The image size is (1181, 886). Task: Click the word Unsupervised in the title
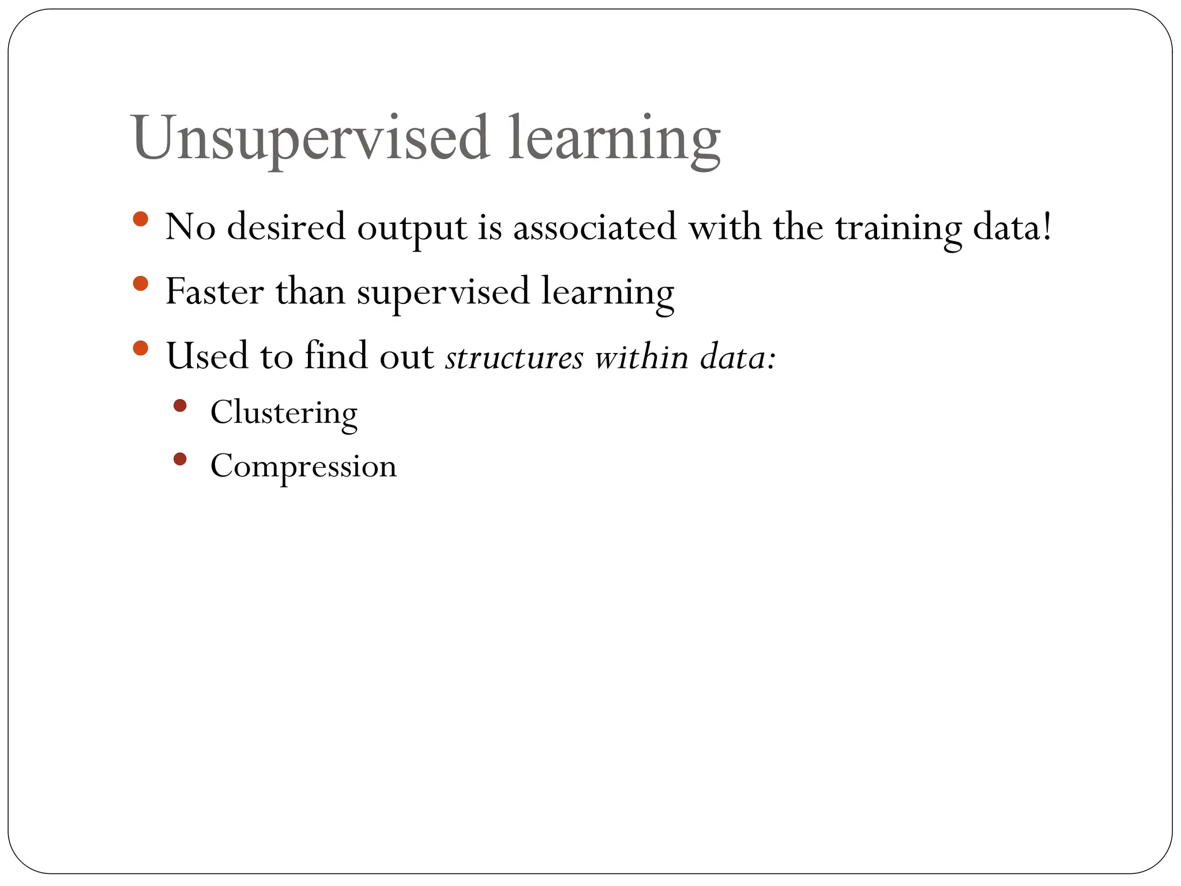[x=310, y=138]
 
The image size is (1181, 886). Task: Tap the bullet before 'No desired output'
[x=140, y=219]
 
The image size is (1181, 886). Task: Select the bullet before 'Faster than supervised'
[x=140, y=284]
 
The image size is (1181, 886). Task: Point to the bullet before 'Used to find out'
[x=140, y=348]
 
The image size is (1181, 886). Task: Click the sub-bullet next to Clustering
[x=180, y=406]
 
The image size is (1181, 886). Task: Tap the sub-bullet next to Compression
[x=180, y=459]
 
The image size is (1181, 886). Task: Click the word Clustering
[x=284, y=413]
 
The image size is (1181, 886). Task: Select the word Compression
[x=303, y=466]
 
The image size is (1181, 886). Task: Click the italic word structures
[x=514, y=358]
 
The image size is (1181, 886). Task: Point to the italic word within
[x=641, y=358]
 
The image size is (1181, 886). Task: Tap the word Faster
[x=214, y=292]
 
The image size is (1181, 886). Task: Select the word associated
[x=594, y=227]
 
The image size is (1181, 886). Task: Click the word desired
[x=286, y=227]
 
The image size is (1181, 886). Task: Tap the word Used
[x=206, y=356]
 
